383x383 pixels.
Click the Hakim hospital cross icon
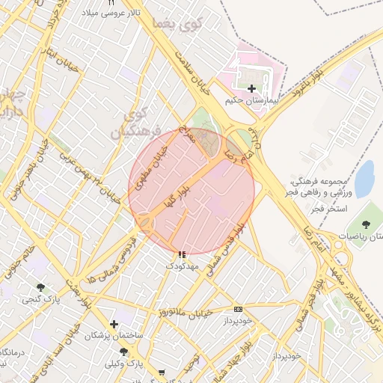(251, 89)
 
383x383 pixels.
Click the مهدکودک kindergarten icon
(183, 255)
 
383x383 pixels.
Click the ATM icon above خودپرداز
(238, 309)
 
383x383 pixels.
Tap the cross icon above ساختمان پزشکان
(114, 325)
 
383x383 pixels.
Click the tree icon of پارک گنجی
(40, 287)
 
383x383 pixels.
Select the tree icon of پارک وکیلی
(123, 352)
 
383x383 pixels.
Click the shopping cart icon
(162, 371)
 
